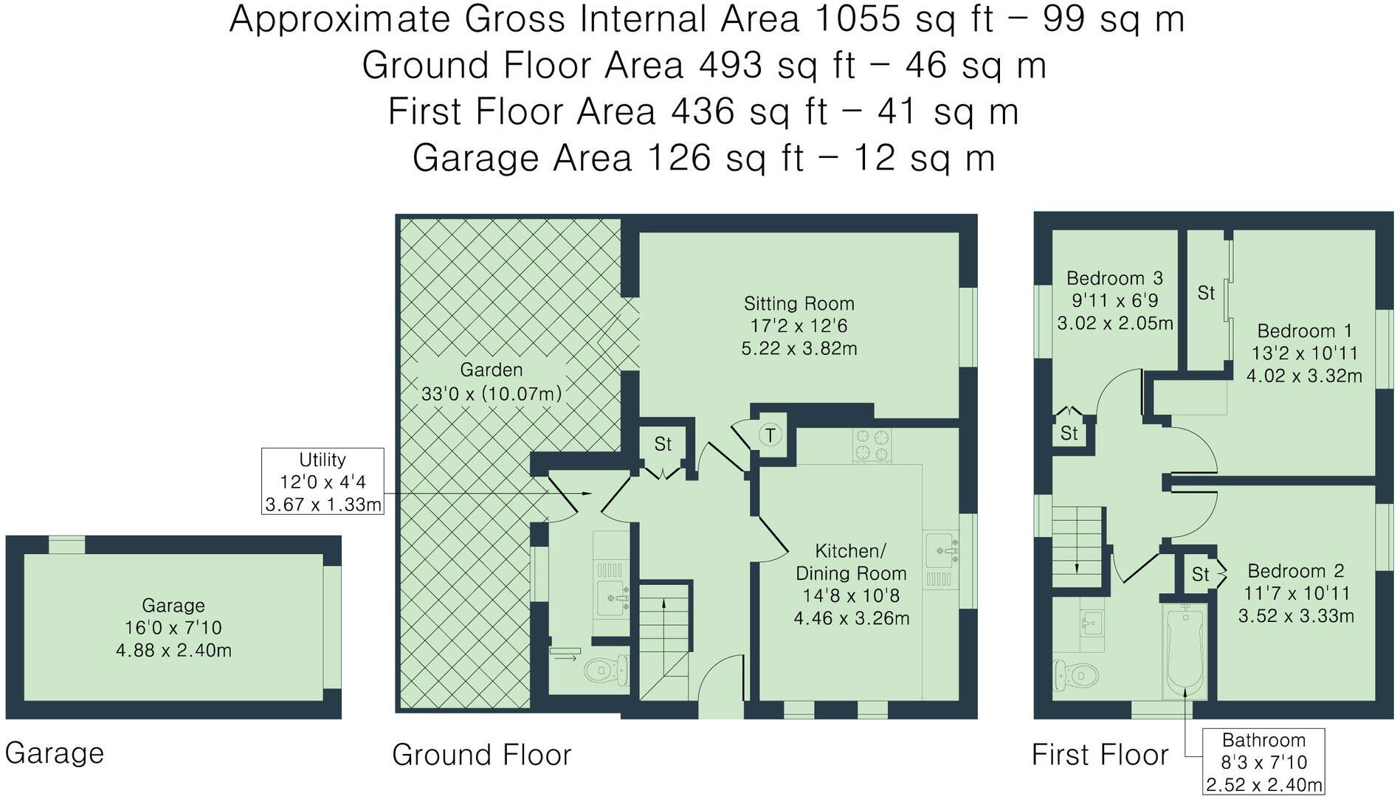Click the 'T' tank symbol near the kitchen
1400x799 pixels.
pos(770,435)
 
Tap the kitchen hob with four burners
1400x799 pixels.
pos(872,446)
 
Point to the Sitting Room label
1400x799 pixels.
pos(799,303)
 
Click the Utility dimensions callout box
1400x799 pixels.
pos(323,482)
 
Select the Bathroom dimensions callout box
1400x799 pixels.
pos(1263,762)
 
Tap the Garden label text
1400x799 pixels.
pos(491,370)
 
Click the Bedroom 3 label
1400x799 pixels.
pos(1114,278)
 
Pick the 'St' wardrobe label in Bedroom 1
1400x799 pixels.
pos(1205,294)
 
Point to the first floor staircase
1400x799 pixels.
pos(1077,546)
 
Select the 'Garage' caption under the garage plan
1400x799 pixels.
pos(55,753)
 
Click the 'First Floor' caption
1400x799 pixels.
pos(1099,755)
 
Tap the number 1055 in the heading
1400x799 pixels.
pos(858,19)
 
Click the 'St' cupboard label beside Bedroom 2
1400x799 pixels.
pos(1200,574)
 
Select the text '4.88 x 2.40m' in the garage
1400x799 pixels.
pos(173,651)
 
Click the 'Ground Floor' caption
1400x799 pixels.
pos(481,755)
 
